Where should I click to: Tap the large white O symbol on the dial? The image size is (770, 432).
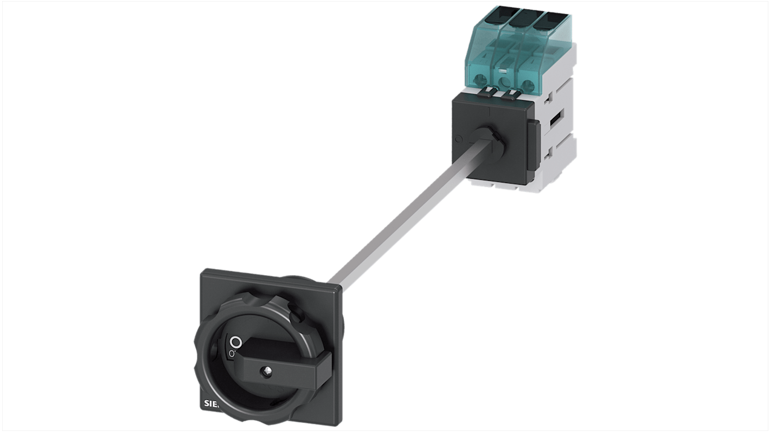pos(235,342)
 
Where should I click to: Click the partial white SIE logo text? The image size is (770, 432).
pos(213,403)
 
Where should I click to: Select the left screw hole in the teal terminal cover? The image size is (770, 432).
pos(479,81)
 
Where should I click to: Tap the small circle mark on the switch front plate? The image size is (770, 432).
pos(458,139)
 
